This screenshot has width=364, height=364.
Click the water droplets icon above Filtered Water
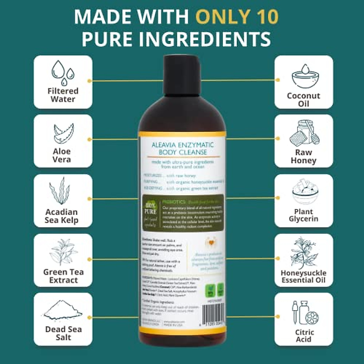(x=63, y=72)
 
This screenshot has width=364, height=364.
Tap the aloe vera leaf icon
(x=63, y=133)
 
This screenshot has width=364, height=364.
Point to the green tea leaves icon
(x=63, y=251)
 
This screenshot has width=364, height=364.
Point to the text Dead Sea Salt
(x=63, y=333)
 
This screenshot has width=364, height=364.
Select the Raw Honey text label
(x=304, y=156)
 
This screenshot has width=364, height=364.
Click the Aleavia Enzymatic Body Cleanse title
(x=182, y=148)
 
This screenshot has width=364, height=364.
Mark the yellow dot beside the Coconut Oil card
(x=278, y=80)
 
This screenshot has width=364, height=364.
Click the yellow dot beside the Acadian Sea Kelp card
(x=89, y=199)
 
